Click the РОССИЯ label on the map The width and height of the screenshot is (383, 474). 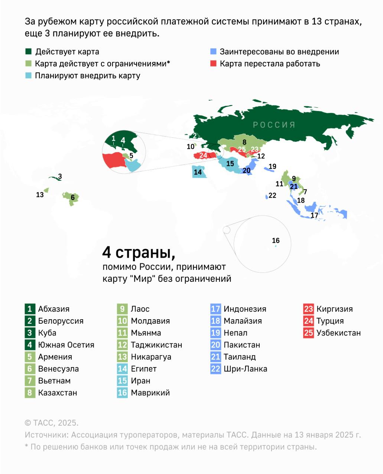click(x=274, y=125)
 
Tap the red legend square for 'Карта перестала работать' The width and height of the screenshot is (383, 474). click(x=213, y=63)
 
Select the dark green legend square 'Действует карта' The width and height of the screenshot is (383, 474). click(x=29, y=52)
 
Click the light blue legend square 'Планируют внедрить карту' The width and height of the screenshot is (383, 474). click(x=29, y=75)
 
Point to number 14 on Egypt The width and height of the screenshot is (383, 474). click(x=198, y=172)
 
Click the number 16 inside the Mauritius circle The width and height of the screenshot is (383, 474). click(x=276, y=241)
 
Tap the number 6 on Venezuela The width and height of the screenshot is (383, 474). click(x=73, y=197)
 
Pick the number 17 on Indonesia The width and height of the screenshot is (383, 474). click(x=314, y=215)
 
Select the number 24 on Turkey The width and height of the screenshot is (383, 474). click(x=203, y=155)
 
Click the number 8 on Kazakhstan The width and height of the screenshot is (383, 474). click(x=244, y=142)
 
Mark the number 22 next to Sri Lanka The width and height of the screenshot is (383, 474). click(x=272, y=195)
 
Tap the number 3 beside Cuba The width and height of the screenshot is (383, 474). click(x=60, y=177)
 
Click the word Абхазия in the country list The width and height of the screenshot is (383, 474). click(x=54, y=309)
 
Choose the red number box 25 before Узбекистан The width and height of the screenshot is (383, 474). click(x=308, y=333)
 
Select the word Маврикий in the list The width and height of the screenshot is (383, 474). click(x=150, y=393)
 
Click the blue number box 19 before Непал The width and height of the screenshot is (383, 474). click(x=215, y=333)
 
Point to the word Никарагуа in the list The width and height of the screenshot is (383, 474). click(x=151, y=357)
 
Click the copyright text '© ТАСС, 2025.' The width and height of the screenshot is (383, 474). click(x=52, y=423)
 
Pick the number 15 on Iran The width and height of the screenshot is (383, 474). click(x=230, y=163)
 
